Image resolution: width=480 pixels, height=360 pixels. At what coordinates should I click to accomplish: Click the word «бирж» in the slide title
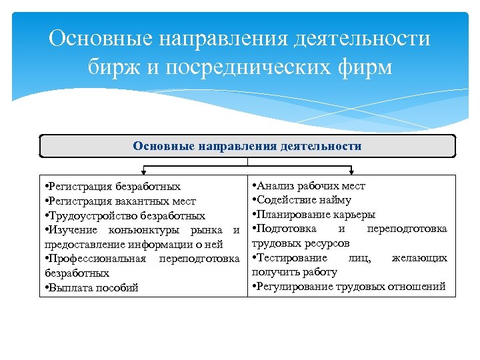coord(113,67)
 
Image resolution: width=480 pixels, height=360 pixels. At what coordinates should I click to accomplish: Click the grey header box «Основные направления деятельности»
coord(247,146)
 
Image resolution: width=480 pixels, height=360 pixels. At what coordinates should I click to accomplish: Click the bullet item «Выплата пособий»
coord(89,288)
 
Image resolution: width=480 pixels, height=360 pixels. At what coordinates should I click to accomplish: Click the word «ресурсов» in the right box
coord(327,243)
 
